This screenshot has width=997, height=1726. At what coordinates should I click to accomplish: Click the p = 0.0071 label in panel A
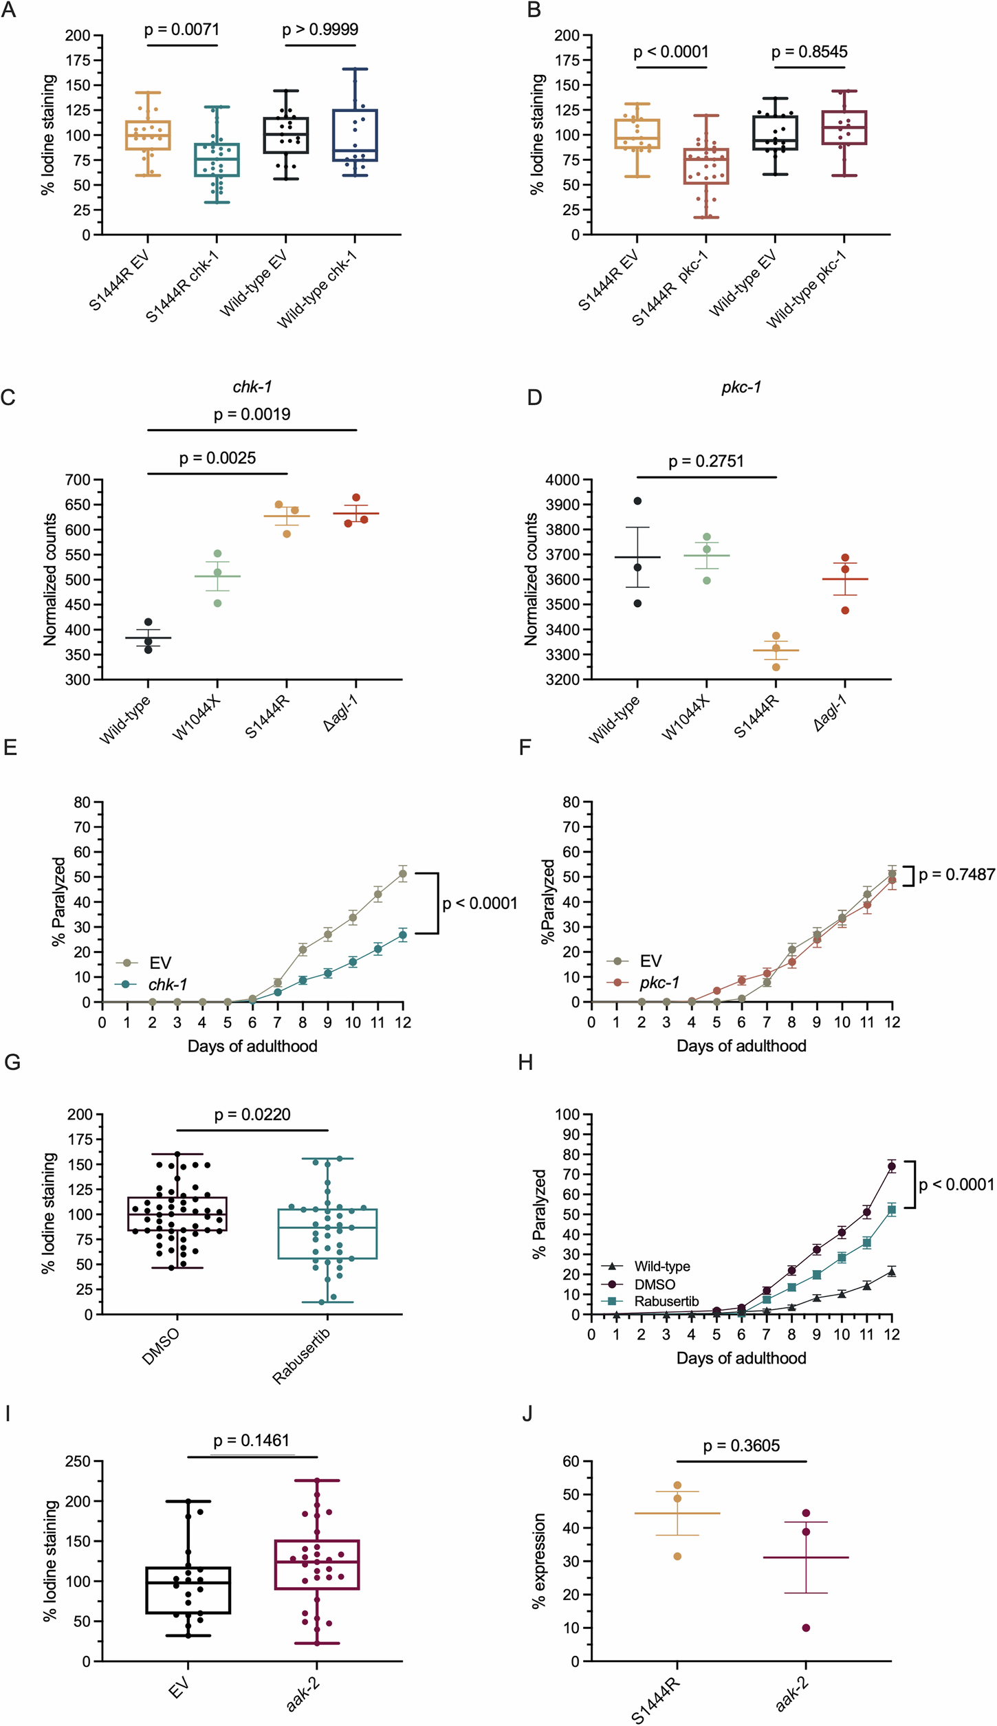coord(182,30)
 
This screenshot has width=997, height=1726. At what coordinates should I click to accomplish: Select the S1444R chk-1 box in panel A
coord(217,160)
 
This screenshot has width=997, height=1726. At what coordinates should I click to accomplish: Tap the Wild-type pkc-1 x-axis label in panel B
coord(807,289)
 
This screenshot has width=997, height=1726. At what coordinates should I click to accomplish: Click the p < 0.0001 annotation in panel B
coord(670,52)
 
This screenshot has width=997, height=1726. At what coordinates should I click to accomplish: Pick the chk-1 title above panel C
coord(252,387)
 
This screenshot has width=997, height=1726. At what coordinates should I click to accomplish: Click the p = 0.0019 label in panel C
coord(252,414)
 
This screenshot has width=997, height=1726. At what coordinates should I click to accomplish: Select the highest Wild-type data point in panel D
coord(637,501)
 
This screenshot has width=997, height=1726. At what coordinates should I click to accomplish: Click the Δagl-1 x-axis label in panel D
coord(831,713)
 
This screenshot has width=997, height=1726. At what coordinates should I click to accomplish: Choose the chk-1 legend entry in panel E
coord(167,984)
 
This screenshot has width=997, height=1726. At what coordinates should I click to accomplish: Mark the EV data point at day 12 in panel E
coord(402,874)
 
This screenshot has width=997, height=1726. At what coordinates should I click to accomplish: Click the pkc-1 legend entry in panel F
coord(659,983)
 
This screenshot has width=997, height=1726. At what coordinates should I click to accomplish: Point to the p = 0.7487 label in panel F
coord(956,875)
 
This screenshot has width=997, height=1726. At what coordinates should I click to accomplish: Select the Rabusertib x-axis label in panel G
coord(301,1355)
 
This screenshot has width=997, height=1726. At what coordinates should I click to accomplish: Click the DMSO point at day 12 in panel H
coord(892,1166)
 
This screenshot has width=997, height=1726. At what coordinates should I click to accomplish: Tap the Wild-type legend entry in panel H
coord(661,1266)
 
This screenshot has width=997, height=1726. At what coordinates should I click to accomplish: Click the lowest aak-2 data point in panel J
coord(806,1628)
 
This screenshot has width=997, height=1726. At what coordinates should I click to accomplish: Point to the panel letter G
coord(12,1062)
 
